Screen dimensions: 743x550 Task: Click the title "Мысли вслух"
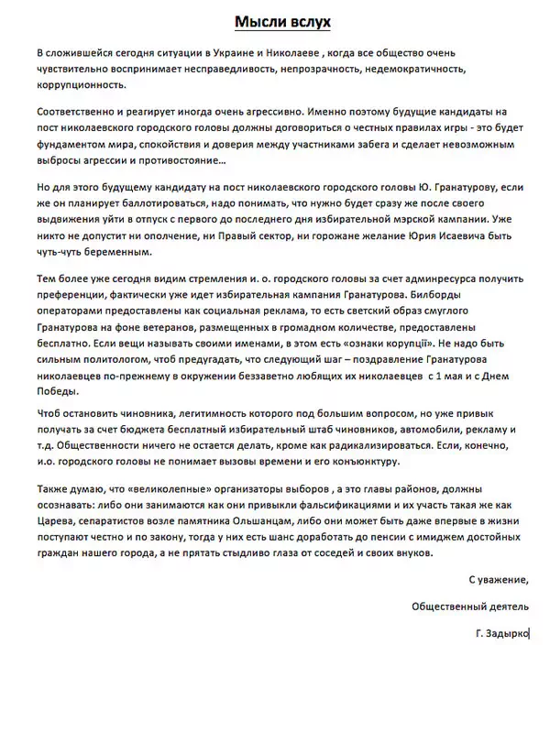(x=275, y=21)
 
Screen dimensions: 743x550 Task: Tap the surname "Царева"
(x=57, y=528)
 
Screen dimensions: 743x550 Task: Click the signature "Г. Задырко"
(x=502, y=633)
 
